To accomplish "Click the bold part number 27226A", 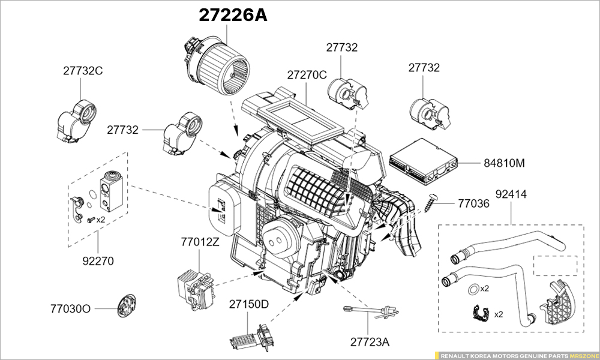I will (x=233, y=16).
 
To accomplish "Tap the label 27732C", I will (x=83, y=70).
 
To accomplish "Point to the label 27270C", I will (x=306, y=75).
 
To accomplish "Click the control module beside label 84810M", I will (x=424, y=161).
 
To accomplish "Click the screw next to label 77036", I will (x=434, y=200).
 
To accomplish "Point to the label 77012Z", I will (x=200, y=242).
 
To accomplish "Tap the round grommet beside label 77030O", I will (x=127, y=306).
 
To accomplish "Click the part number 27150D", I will (x=248, y=304).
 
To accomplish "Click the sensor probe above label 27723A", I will (x=370, y=311).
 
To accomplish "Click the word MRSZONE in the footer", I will (x=583, y=355).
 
